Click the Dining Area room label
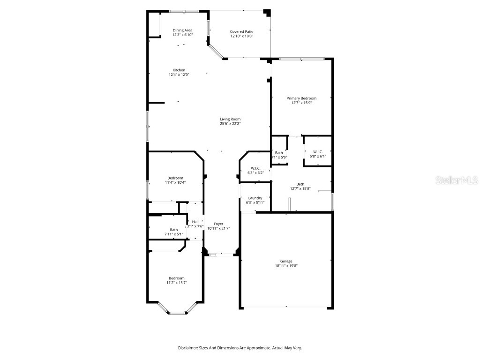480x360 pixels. [x=182, y=30]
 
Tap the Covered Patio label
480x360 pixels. [x=241, y=31]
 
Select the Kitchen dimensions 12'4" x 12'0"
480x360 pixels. [x=177, y=75]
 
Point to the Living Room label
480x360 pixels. [x=230, y=119]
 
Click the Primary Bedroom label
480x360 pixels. [x=301, y=98]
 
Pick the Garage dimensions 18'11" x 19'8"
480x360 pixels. [x=286, y=266]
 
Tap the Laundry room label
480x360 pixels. [x=255, y=198]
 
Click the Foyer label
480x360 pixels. [x=218, y=224]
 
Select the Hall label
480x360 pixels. [x=195, y=221]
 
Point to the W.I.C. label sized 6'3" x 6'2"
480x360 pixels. [x=255, y=168]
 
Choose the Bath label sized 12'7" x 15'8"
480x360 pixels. [x=300, y=184]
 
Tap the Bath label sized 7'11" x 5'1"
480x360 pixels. [x=174, y=229]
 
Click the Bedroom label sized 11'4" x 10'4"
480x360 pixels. [x=175, y=178]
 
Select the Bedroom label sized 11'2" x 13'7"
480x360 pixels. [x=177, y=278]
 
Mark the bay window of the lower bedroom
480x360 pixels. [x=177, y=313]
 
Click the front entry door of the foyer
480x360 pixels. [x=221, y=255]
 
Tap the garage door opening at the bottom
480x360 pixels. [x=286, y=308]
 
